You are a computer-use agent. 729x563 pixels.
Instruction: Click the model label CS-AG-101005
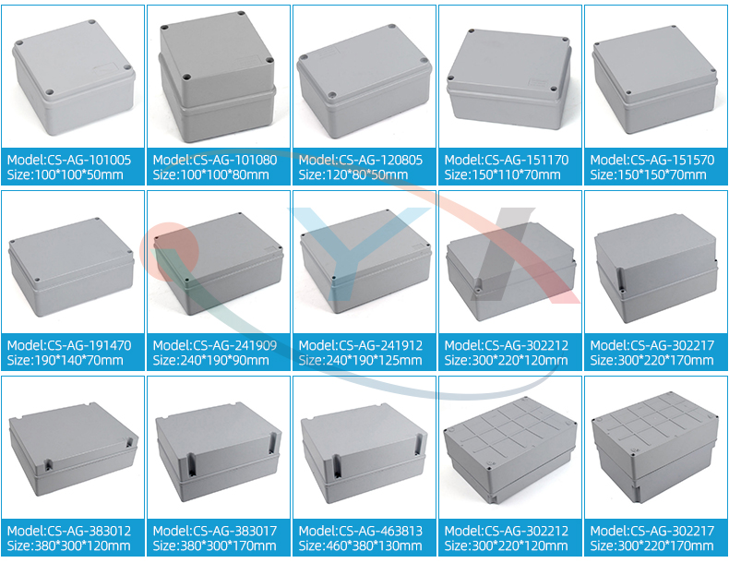click(69, 160)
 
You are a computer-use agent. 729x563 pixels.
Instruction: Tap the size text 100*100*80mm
click(210, 174)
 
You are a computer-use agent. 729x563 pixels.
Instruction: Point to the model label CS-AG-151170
click(507, 160)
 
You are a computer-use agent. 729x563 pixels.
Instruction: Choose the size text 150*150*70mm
click(651, 174)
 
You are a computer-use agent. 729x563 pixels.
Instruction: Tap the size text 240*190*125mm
click(360, 360)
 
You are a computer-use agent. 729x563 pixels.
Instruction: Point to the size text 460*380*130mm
click(360, 545)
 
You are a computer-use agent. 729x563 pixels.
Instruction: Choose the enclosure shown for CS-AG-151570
click(655, 86)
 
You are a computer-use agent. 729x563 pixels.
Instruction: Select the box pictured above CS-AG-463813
click(363, 450)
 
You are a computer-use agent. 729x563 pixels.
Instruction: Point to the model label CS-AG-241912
click(360, 345)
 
